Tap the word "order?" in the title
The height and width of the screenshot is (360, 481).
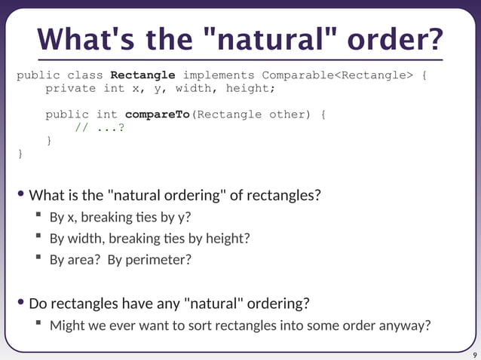[397, 40]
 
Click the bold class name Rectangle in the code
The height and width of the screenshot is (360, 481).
[142, 75]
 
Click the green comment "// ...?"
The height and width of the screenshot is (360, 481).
[99, 127]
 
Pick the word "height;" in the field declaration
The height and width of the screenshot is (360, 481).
[250, 88]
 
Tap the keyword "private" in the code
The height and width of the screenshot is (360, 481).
[70, 88]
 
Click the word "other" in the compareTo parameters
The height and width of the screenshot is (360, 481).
[290, 114]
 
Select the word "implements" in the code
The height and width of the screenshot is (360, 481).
[218, 75]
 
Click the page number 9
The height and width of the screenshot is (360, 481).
[474, 355]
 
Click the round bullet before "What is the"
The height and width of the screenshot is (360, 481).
[21, 195]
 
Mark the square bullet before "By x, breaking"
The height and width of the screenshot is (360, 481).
[38, 217]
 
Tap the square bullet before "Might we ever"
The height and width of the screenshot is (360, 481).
[38, 325]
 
